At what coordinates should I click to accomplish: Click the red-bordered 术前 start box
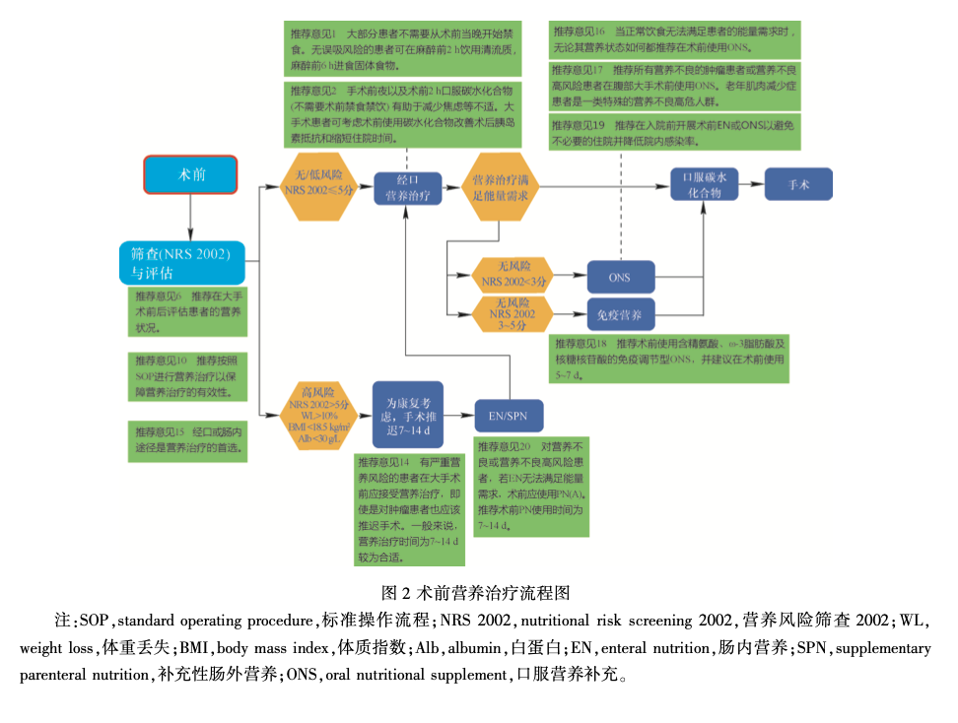[x=190, y=174]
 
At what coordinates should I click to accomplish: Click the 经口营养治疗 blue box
[x=406, y=186]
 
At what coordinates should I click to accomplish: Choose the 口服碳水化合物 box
[x=704, y=185]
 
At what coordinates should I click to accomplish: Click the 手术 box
[x=798, y=184]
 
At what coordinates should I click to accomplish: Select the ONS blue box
[x=620, y=277]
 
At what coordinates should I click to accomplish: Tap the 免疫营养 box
[x=620, y=315]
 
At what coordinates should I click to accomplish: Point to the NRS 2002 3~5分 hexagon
[x=512, y=313]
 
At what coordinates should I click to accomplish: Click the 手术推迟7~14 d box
[x=407, y=415]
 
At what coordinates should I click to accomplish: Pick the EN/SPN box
[x=510, y=416]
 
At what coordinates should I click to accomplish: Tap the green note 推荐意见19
[x=675, y=132]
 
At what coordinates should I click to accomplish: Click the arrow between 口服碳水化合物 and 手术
[x=751, y=184]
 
